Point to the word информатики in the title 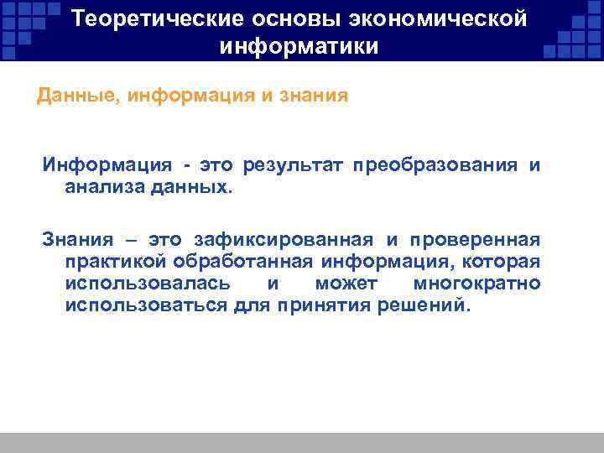pyautogui.click(x=299, y=46)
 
